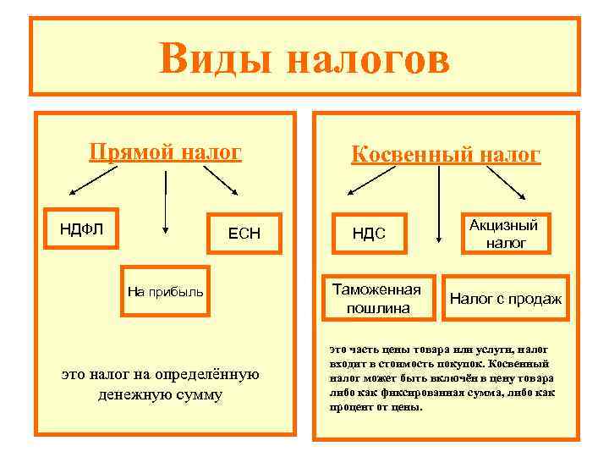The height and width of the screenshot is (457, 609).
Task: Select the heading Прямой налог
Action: pos(166,152)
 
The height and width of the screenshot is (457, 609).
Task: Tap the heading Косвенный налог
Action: pos(446,155)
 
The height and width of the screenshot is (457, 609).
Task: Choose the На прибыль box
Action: pos(165,292)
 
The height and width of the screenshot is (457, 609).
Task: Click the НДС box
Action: pos(369,233)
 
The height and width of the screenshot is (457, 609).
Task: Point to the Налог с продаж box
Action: pos(506,298)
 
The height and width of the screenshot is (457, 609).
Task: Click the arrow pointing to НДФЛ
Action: pos(92,179)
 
